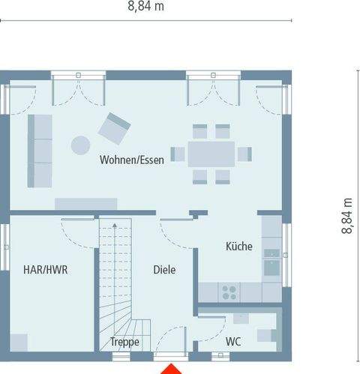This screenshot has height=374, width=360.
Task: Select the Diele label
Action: pyautogui.click(x=164, y=269)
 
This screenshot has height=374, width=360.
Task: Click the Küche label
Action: pyautogui.click(x=239, y=246)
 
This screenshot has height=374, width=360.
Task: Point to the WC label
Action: pyautogui.click(x=233, y=342)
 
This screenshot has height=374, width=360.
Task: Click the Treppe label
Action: pyautogui.click(x=124, y=342)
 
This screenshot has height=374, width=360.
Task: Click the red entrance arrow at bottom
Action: pyautogui.click(x=174, y=368)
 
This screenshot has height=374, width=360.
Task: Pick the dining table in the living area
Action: pyautogui.click(x=211, y=154)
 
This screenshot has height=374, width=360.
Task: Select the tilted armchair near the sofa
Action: pyautogui.click(x=115, y=127)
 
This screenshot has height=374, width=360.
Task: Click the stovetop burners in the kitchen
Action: pyautogui.click(x=228, y=291)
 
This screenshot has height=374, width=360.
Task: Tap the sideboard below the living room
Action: pyautogui.click(x=86, y=203)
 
